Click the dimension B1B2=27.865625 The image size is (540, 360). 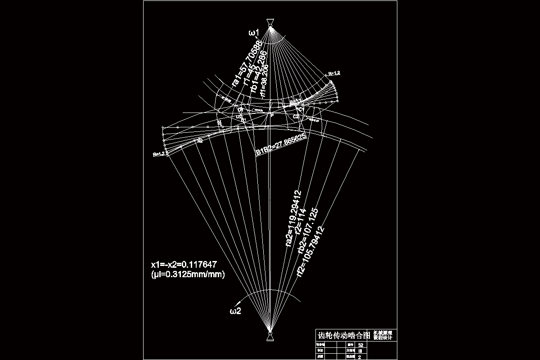[281, 144]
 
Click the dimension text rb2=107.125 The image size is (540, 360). [310, 230]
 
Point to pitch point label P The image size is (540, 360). [272, 116]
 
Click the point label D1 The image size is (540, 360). [240, 109]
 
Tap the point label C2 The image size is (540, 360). [295, 117]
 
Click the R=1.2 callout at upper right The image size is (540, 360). [334, 73]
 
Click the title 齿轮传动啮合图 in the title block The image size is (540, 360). [344, 336]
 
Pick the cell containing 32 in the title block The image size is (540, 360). [360, 345]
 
